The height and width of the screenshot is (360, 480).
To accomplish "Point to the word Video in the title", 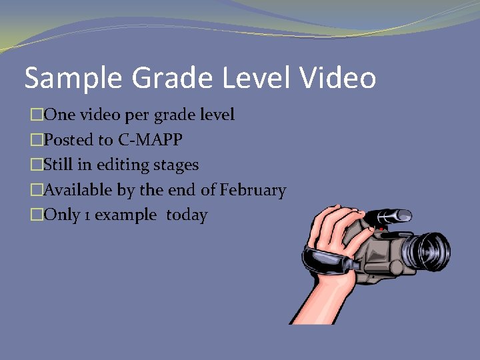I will pos(339,79).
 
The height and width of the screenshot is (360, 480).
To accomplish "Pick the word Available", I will pos(78,191).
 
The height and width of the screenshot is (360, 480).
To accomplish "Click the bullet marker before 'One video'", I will pos(37,115).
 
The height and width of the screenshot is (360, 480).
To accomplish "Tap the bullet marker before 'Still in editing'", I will pos(37,165).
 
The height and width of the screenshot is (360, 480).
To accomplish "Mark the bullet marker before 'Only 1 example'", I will pos(37,216).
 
